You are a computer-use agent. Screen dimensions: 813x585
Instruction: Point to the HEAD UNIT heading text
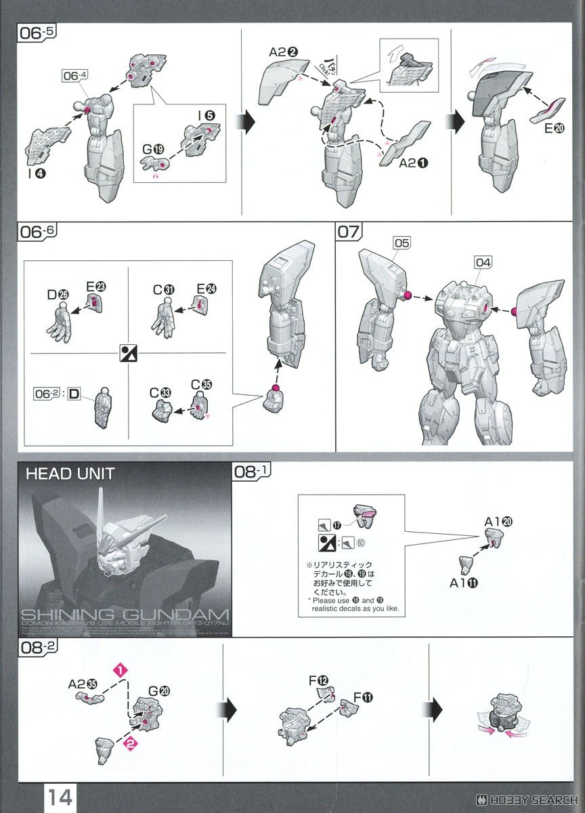coord(70,474)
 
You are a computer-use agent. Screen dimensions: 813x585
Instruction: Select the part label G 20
coord(159,691)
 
